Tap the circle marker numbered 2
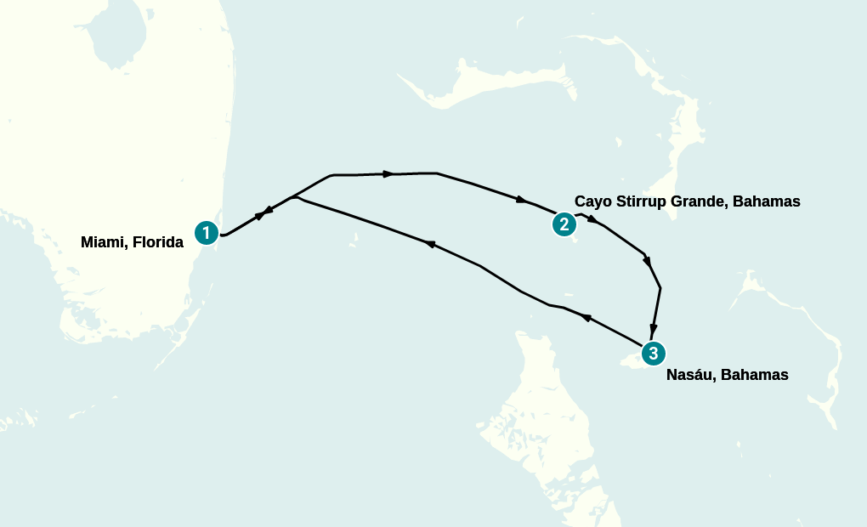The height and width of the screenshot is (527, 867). [564, 224]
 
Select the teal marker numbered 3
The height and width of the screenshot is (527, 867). [653, 353]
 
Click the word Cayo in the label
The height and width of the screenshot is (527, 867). [592, 201]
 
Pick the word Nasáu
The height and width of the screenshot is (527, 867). [691, 374]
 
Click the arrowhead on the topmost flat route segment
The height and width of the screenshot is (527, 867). [388, 174]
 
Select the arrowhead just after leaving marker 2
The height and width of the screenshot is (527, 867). [592, 221]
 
